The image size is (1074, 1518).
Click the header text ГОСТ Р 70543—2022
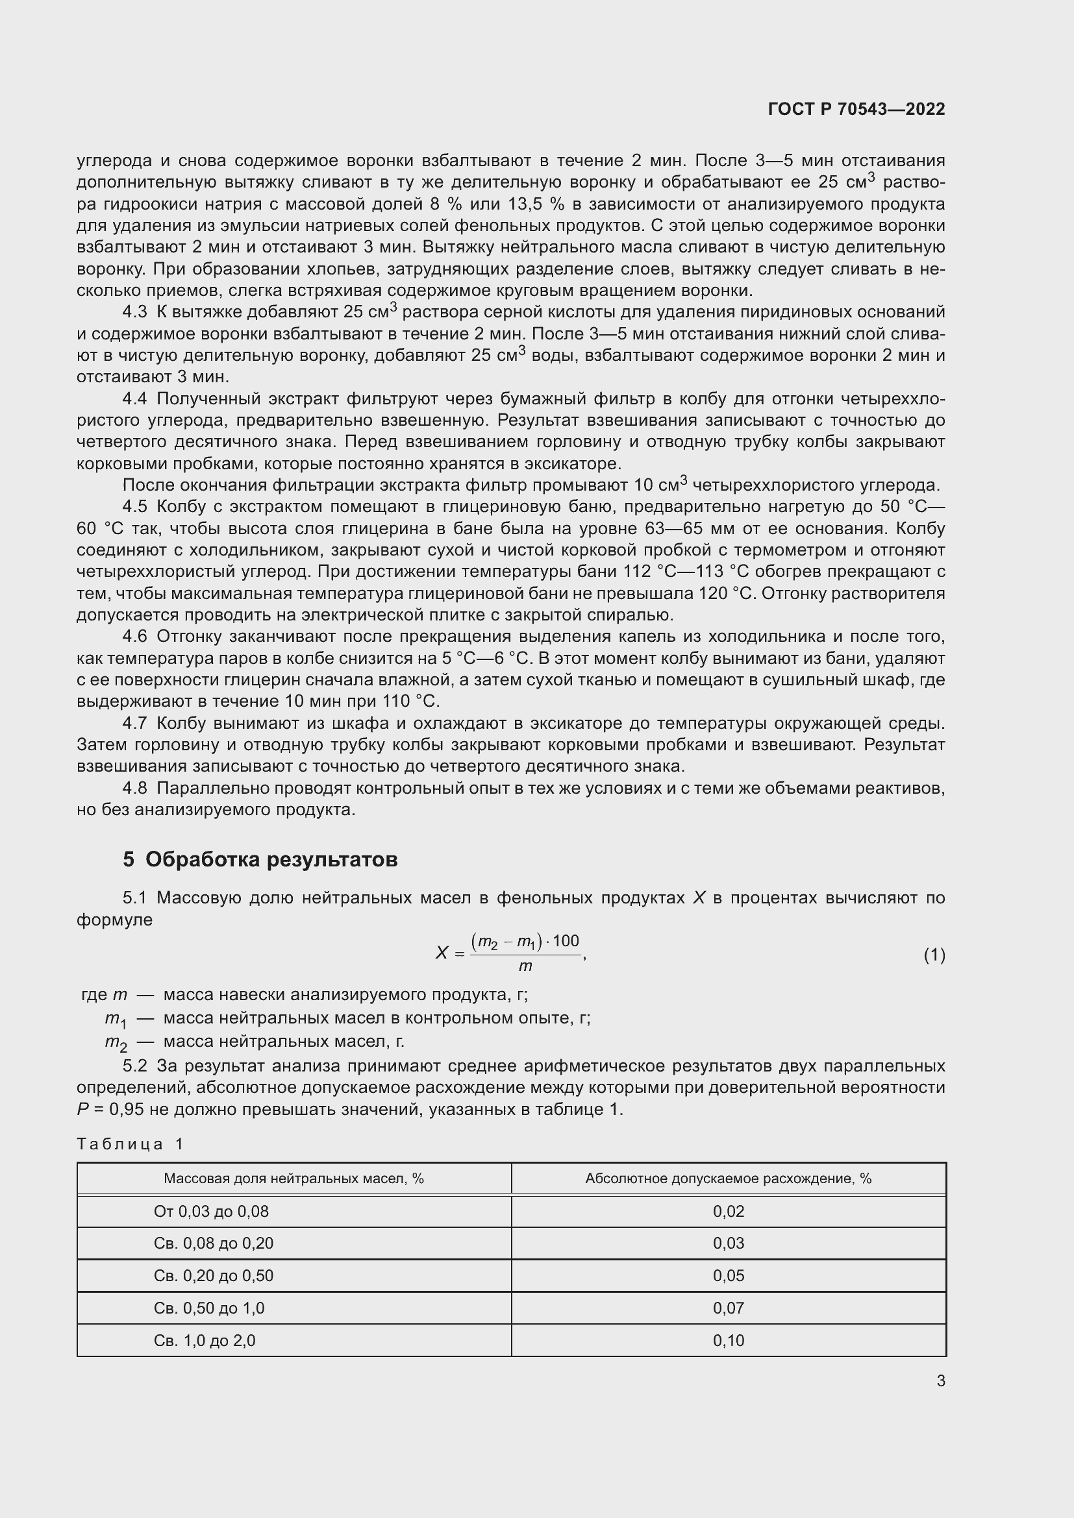click(856, 110)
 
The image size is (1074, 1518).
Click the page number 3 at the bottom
click(940, 1380)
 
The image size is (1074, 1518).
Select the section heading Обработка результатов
click(271, 859)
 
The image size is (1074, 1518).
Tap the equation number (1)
click(934, 955)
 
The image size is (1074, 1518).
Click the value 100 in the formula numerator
click(566, 941)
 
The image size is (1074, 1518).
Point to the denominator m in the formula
click(525, 966)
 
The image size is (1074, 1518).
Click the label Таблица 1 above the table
click(130, 1144)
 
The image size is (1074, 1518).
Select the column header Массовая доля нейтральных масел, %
click(293, 1179)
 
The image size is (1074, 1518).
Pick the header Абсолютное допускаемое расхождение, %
click(728, 1179)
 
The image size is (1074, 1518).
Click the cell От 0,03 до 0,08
click(211, 1211)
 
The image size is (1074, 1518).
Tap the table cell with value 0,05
click(728, 1275)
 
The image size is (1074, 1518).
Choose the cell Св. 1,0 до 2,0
click(205, 1340)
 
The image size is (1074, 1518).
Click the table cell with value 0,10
click(728, 1340)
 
